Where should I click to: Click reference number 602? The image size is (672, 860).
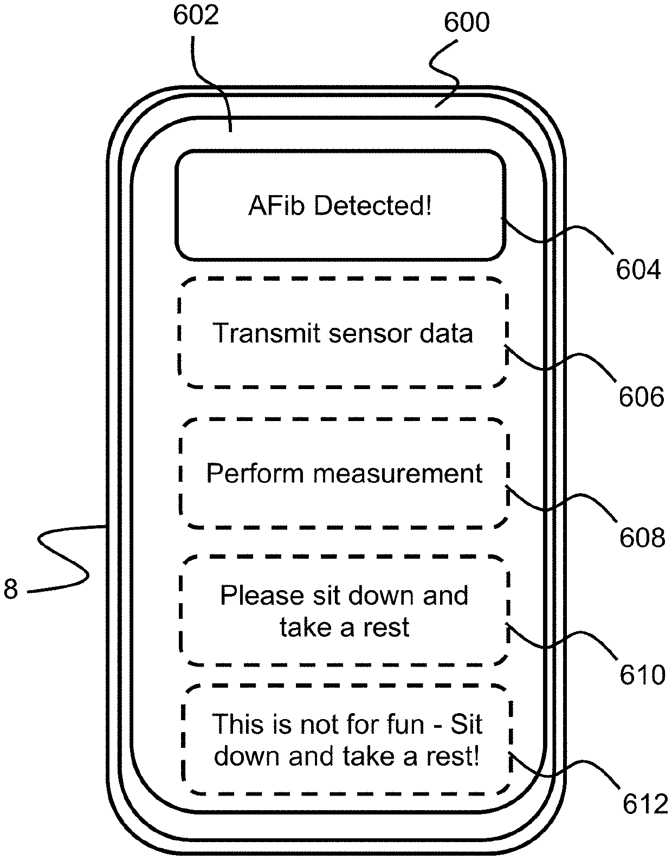(x=196, y=15)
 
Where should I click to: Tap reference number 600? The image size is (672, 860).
(x=467, y=22)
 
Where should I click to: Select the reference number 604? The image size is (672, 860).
(x=638, y=269)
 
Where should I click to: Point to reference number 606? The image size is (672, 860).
(x=642, y=397)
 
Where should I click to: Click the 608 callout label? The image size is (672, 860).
(x=642, y=538)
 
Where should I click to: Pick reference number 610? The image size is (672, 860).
(x=642, y=675)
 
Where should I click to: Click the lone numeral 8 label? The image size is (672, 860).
(x=11, y=589)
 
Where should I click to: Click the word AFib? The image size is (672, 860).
(x=276, y=206)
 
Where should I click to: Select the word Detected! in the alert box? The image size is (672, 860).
(x=372, y=206)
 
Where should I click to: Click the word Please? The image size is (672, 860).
(x=262, y=595)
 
